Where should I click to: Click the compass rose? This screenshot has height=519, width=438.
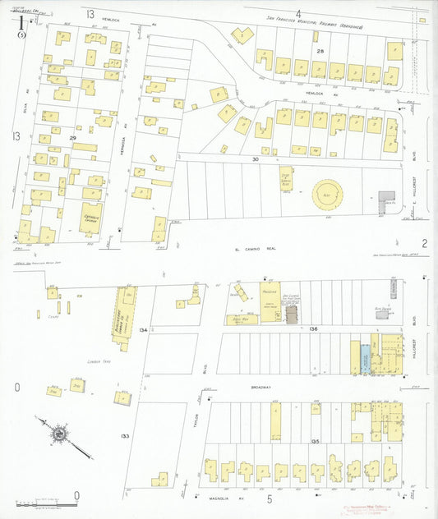click(x=59, y=433)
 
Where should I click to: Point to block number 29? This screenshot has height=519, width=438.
click(x=73, y=137)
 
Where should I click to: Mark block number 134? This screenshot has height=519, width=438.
click(x=145, y=329)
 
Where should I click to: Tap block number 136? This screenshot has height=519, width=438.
click(x=313, y=328)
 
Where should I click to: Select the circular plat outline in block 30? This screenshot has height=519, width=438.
click(x=328, y=195)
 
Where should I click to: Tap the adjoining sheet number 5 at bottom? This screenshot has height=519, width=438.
click(x=269, y=498)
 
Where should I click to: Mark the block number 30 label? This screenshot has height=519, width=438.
click(x=256, y=158)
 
